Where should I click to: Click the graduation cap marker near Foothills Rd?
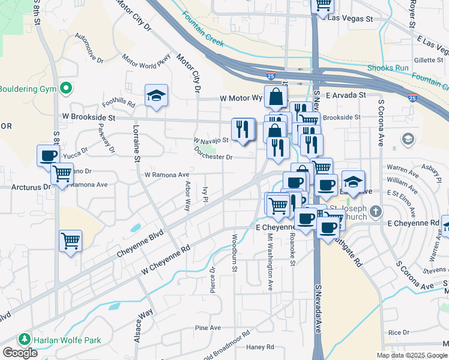(156, 95)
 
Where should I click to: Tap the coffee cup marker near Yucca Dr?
(49, 156)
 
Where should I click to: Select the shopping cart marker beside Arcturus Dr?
(62, 175)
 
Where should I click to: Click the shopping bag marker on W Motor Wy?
(275, 97)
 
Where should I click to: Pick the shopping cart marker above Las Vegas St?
(324, 4)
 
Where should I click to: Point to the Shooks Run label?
(388, 68)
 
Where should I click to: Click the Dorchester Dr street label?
(213, 157)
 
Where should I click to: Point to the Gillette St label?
(428, 60)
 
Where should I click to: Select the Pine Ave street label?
(209, 328)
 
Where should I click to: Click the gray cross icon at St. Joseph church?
(375, 211)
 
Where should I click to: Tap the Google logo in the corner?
(20, 353)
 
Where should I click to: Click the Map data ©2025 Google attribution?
(411, 355)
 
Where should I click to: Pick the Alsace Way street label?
(146, 325)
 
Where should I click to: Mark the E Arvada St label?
(346, 95)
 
